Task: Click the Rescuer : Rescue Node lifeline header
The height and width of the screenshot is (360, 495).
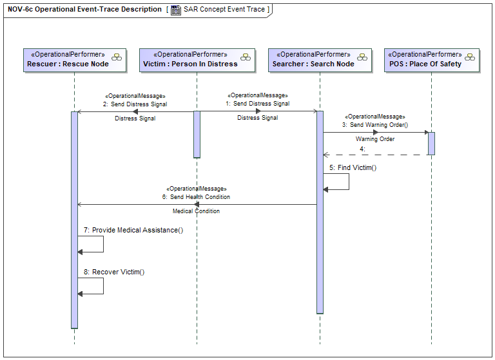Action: click(x=75, y=61)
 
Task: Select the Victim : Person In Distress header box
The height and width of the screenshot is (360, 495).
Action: click(x=197, y=61)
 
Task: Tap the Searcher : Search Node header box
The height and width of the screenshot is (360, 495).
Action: click(x=320, y=61)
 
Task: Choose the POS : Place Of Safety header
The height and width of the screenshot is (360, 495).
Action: click(x=432, y=61)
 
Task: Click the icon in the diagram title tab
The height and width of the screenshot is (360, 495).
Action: click(x=176, y=10)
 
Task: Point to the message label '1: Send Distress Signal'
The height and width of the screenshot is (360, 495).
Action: click(x=258, y=104)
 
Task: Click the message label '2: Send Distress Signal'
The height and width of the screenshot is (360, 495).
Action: click(x=135, y=104)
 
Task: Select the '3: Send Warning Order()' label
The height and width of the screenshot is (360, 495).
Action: click(x=375, y=125)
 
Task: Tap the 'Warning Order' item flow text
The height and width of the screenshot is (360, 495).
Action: click(x=375, y=139)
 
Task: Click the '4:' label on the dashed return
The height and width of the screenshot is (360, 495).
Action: click(x=362, y=149)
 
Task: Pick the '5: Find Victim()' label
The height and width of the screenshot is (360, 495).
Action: click(x=353, y=167)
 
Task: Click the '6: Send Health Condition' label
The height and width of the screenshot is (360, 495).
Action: click(x=196, y=197)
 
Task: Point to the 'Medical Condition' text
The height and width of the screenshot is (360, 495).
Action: click(x=196, y=211)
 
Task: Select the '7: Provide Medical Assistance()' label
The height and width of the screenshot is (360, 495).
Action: click(x=133, y=230)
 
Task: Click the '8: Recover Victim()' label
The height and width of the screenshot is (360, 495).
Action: click(x=114, y=272)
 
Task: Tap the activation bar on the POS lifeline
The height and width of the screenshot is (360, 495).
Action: click(x=432, y=144)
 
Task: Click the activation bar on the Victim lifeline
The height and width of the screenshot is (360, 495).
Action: click(x=197, y=135)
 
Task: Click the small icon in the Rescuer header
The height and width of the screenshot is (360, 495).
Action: click(x=117, y=57)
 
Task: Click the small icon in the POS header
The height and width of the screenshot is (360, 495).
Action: click(x=470, y=57)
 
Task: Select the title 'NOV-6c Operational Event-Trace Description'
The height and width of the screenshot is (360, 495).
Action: click(x=84, y=9)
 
